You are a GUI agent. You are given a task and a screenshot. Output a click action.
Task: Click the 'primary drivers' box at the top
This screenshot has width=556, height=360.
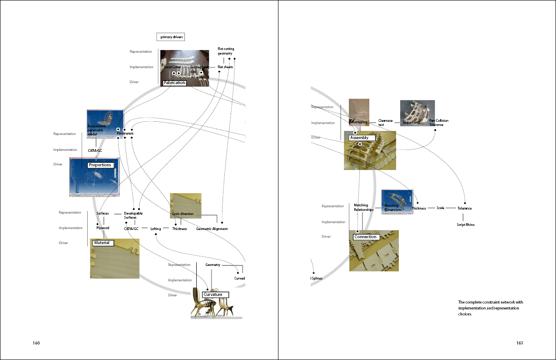pyautogui.click(x=171, y=37)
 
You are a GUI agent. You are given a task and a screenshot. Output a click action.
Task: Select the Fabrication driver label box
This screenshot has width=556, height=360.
pyautogui.click(x=175, y=83)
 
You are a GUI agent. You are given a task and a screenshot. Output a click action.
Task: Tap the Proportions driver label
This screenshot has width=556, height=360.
pyautogui.click(x=100, y=165)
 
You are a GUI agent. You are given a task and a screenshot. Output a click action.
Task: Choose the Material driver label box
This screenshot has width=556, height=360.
pyautogui.click(x=102, y=243)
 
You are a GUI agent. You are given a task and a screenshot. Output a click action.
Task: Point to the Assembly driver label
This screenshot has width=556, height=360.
pyautogui.click(x=362, y=138)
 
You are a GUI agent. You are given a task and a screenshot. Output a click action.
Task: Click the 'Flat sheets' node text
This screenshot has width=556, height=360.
pyautogui.click(x=225, y=67)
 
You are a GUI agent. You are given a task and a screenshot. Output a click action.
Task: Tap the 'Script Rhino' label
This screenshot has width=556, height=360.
pyautogui.click(x=465, y=225)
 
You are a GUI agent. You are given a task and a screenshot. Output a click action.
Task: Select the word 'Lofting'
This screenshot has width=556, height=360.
pyautogui.click(x=156, y=229)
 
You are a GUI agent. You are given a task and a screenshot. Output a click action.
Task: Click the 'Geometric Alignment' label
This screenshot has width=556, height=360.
pyautogui.click(x=212, y=229)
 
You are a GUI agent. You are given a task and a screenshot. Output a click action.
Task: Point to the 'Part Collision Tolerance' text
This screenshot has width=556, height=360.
pyautogui.click(x=439, y=123)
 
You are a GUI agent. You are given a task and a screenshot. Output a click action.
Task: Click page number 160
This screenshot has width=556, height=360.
pyautogui.click(x=36, y=343)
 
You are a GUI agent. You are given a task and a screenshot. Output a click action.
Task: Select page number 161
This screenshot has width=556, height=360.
pyautogui.click(x=520, y=343)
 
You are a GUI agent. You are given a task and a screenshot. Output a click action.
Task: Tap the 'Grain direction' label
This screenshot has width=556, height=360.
pyautogui.click(x=183, y=214)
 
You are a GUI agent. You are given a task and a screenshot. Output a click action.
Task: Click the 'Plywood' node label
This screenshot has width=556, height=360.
pyautogui.click(x=103, y=228)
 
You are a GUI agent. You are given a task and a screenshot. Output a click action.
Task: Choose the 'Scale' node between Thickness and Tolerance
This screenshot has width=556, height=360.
pyautogui.click(x=440, y=208)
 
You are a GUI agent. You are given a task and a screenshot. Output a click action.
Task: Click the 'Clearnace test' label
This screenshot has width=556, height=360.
pyautogui.click(x=385, y=123)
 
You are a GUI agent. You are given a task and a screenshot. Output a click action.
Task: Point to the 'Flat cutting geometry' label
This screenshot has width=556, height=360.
pyautogui.click(x=226, y=51)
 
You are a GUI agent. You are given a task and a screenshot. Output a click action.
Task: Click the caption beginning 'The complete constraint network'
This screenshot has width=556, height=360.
pyautogui.click(x=490, y=308)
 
